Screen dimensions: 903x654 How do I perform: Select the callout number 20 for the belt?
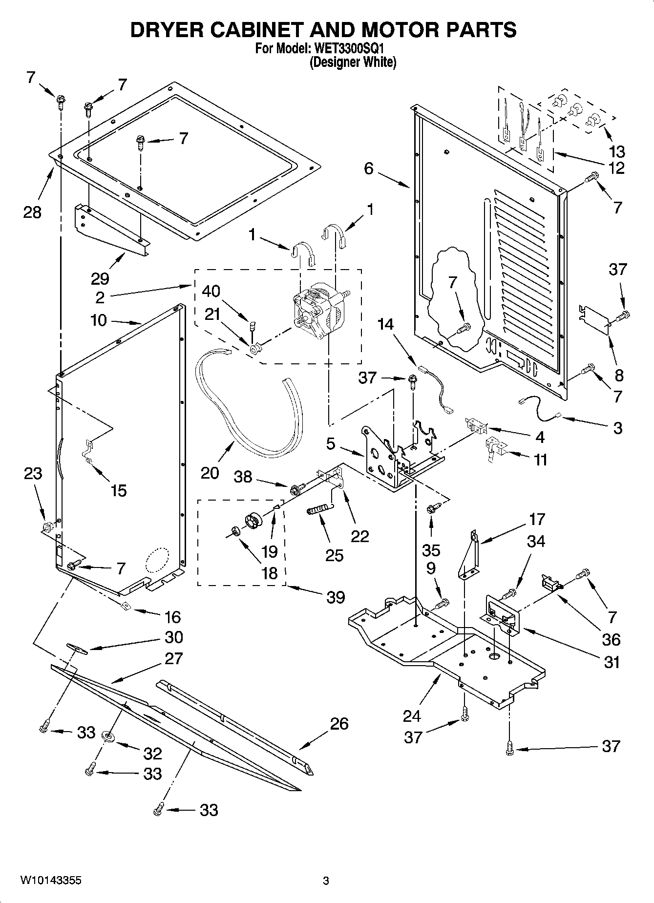210,473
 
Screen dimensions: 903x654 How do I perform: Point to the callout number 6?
369,168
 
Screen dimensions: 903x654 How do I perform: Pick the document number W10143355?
50,881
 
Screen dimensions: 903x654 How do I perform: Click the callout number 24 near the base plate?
412,716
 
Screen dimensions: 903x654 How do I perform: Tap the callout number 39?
336,597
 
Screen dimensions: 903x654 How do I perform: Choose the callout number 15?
119,490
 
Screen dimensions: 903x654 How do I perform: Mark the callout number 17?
537,519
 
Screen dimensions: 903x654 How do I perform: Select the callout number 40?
211,291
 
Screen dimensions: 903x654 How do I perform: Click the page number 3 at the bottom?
326,881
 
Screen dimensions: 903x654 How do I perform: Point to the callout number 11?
540,460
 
